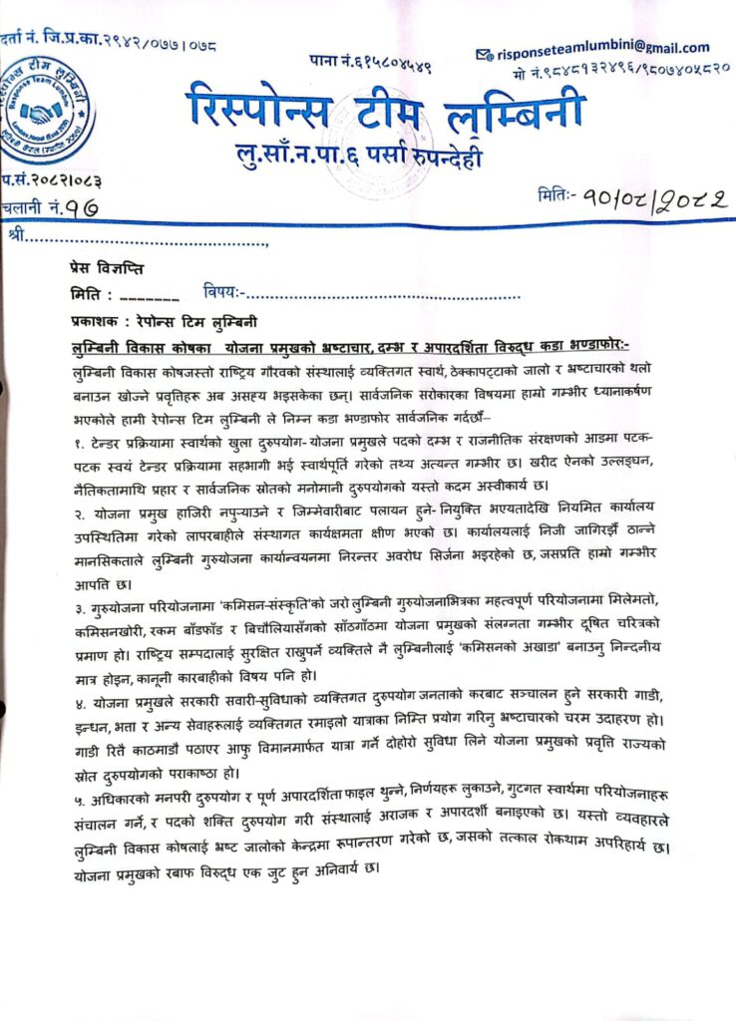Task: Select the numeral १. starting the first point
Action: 66,439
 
